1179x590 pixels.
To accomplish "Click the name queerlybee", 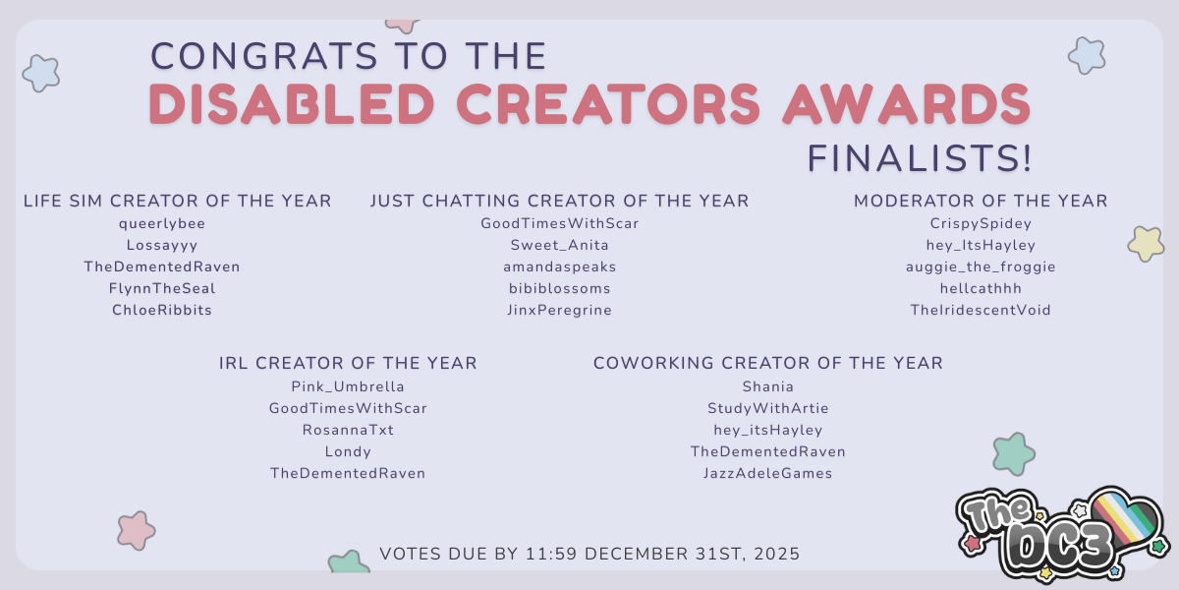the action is pyautogui.click(x=162, y=224).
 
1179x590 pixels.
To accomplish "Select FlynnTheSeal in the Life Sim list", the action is pyautogui.click(x=162, y=289).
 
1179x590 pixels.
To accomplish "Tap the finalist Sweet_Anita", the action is pyautogui.click(x=559, y=246).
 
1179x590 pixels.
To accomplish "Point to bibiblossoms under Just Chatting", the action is pyautogui.click(x=559, y=289).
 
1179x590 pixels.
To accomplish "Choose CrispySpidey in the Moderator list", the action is pyautogui.click(x=981, y=224).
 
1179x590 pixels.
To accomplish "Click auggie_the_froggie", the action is pyautogui.click(x=981, y=267).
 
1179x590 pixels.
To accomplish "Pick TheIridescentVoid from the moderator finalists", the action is pyautogui.click(x=981, y=311).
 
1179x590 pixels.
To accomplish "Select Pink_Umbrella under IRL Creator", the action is pyautogui.click(x=348, y=387).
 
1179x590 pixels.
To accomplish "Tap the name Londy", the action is pyautogui.click(x=348, y=452).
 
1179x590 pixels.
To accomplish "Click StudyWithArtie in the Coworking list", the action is pyautogui.click(x=768, y=409).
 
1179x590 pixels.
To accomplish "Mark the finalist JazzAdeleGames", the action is pyautogui.click(x=768, y=474).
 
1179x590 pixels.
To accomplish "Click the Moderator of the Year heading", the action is pyautogui.click(x=981, y=202).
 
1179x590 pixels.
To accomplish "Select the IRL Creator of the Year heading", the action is pyautogui.click(x=348, y=364).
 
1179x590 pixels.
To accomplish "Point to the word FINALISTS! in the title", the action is pyautogui.click(x=920, y=158).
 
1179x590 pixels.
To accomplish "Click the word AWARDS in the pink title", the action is pyautogui.click(x=906, y=104).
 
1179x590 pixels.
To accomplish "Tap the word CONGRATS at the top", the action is pyautogui.click(x=264, y=56).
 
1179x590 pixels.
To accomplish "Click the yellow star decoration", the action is pyautogui.click(x=1146, y=244).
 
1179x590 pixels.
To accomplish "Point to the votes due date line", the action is pyautogui.click(x=589, y=555).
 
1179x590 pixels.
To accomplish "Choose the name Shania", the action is pyautogui.click(x=768, y=387).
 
